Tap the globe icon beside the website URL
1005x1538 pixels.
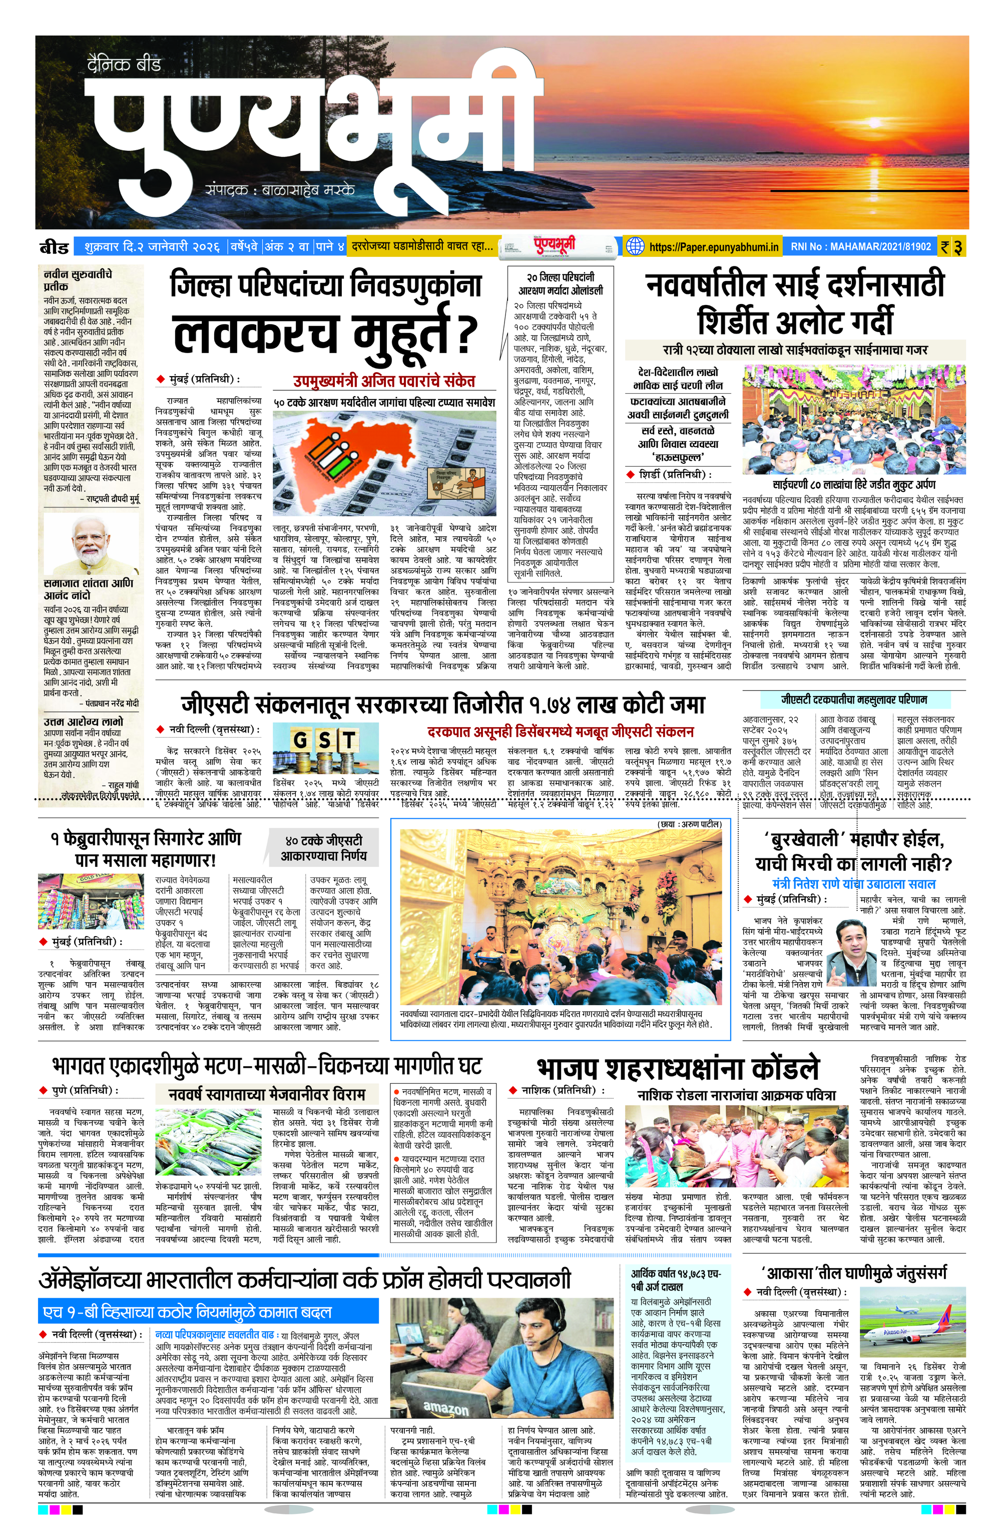[636, 246]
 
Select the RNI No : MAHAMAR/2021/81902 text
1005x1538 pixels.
[860, 247]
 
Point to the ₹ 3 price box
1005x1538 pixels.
[951, 247]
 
